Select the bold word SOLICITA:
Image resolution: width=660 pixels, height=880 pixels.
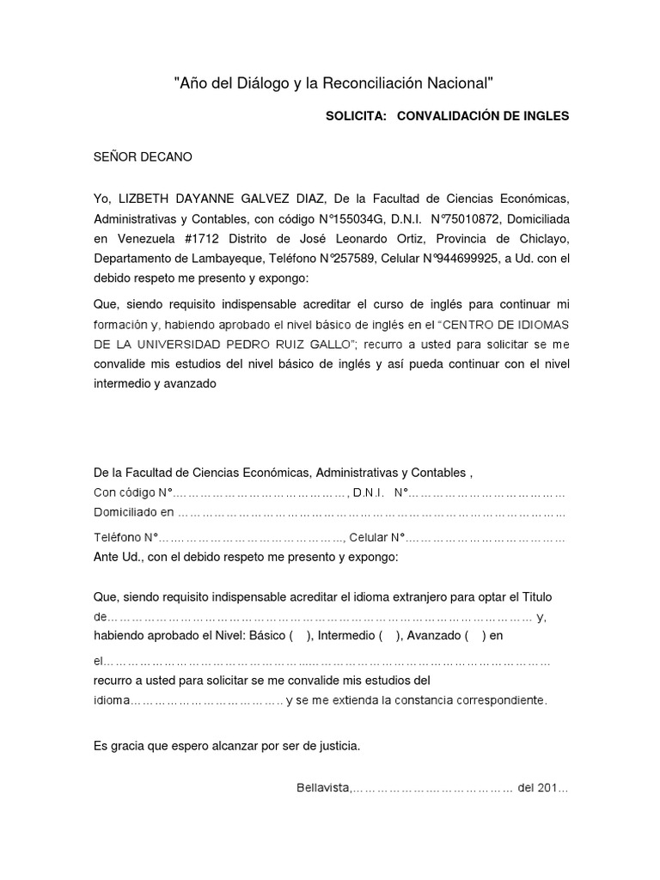point(353,116)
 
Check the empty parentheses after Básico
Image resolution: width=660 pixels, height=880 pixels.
point(301,637)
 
